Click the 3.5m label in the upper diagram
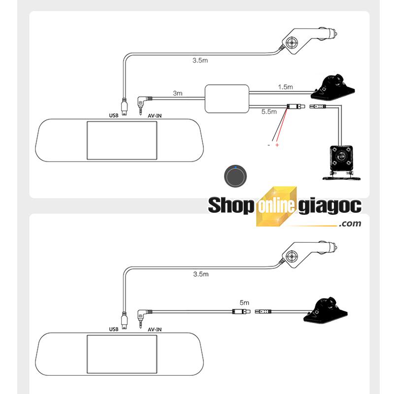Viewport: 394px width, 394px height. [200, 60]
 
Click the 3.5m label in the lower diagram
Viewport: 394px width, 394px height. [201, 274]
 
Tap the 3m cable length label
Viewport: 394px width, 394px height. [177, 93]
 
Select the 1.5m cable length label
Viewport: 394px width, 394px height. [286, 87]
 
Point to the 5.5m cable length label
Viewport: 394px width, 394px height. [269, 112]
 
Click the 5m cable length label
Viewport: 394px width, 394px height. [244, 302]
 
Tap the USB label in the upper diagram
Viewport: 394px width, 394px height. [114, 116]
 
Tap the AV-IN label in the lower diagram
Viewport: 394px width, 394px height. [155, 329]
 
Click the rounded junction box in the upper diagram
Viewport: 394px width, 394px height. [227, 99]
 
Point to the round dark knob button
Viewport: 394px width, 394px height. [235, 176]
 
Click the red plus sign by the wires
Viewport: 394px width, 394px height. [277, 145]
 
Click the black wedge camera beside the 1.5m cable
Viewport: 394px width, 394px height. [333, 87]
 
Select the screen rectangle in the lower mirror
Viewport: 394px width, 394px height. [122, 354]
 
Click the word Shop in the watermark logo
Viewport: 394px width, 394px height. [230, 205]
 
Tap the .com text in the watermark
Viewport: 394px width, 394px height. [350, 223]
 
